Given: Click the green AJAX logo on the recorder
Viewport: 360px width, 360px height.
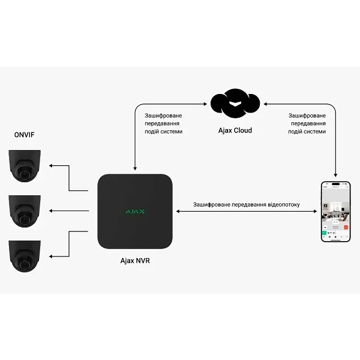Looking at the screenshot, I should pyautogui.click(x=135, y=212).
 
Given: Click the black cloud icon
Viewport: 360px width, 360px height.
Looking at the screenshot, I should pyautogui.click(x=235, y=104).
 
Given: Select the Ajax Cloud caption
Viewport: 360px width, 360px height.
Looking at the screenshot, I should pyautogui.click(x=235, y=130).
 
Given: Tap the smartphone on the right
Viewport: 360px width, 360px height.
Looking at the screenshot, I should pyautogui.click(x=336, y=211).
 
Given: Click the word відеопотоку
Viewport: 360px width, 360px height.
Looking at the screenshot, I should pyautogui.click(x=278, y=204).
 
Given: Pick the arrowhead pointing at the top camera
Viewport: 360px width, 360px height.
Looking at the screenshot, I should pyautogui.click(x=51, y=166).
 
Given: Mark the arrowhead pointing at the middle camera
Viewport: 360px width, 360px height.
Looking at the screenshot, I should pyautogui.click(x=51, y=211).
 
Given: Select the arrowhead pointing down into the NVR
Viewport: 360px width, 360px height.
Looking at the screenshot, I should pyautogui.click(x=134, y=168).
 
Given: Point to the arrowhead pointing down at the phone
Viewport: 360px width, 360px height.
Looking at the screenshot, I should pyautogui.click(x=336, y=175).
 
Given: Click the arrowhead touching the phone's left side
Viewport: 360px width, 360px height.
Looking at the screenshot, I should pyautogui.click(x=315, y=211).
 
